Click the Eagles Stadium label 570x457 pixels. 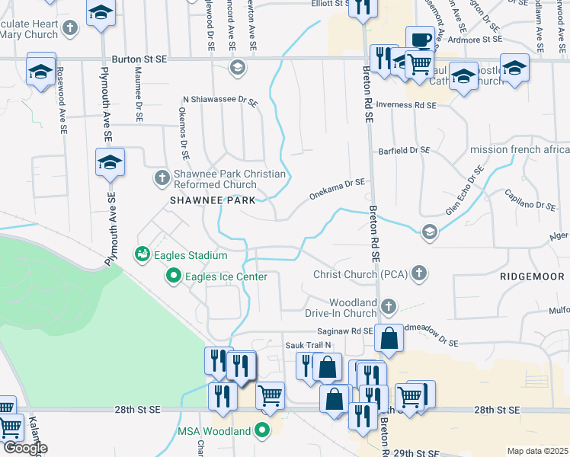tap(190, 254)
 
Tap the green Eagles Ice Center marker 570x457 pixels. tap(174, 276)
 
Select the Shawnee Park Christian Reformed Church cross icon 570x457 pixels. tap(162, 178)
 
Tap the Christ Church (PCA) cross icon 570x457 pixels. tap(418, 273)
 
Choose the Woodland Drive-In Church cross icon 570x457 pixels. tap(389, 307)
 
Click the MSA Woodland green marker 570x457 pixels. tap(263, 431)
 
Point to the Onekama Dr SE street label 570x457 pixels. tap(337, 189)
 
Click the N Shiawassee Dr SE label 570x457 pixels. tap(220, 100)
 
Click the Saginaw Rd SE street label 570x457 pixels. tap(344, 331)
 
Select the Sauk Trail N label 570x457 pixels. tap(309, 345)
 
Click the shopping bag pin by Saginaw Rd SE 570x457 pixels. tap(389, 339)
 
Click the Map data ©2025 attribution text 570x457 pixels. tap(536, 451)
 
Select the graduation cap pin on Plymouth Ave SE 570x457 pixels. tap(110, 162)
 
